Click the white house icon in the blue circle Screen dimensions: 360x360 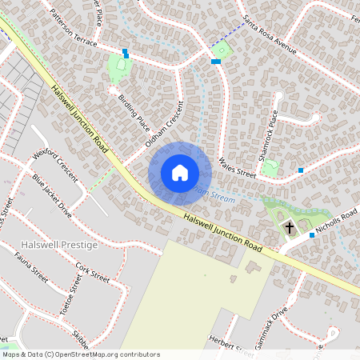click(x=180, y=173)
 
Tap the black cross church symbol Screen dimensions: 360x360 click(x=290, y=228)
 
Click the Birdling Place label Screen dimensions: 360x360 click(x=134, y=112)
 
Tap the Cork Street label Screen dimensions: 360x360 click(x=92, y=272)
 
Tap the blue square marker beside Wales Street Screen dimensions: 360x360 click(x=301, y=170)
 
